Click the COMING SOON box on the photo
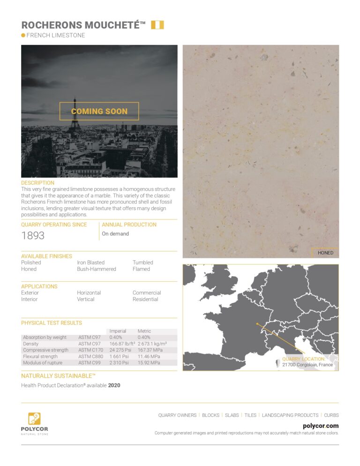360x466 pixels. point(99,111)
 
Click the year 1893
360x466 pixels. point(33,235)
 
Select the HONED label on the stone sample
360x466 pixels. point(325,253)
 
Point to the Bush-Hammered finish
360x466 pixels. point(97,269)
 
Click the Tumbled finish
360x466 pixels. point(142,263)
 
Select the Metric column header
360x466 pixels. point(144,331)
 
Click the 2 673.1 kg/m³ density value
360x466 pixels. point(153,344)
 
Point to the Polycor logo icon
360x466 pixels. point(34,418)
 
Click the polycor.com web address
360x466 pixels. point(321,426)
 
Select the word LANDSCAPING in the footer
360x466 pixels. point(277,415)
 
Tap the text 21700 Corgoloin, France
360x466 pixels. point(307,365)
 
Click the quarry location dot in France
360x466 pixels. point(257,323)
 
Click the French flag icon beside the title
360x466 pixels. point(157,25)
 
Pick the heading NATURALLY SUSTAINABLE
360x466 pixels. point(58,376)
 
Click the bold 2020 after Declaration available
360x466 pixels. point(115,385)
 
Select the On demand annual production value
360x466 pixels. point(115,233)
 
